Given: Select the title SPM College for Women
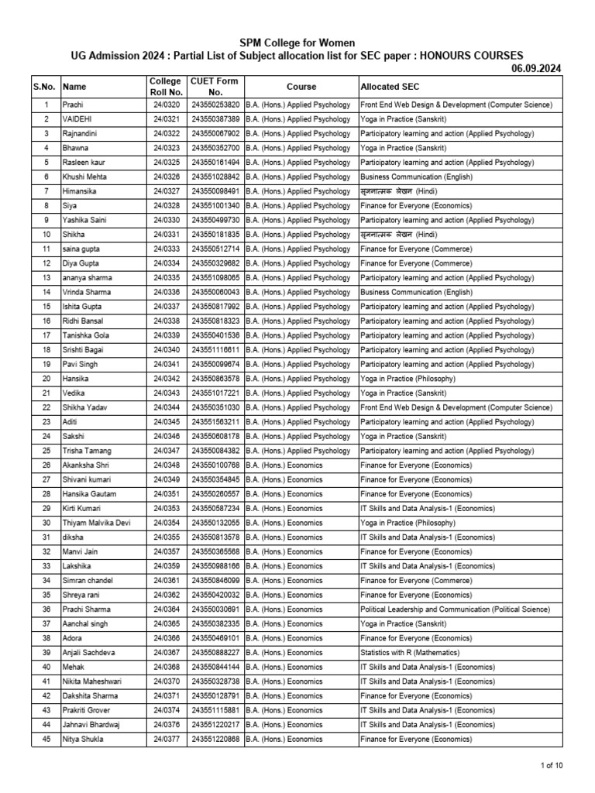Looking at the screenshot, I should click(297, 43).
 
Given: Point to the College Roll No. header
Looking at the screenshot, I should click(166, 87).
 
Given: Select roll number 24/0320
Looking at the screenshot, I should click(166, 105).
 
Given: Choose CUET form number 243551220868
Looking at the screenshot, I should click(215, 740).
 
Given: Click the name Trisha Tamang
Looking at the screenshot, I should click(87, 451).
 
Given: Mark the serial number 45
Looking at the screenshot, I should click(46, 740).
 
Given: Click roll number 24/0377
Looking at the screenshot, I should click(166, 740).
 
